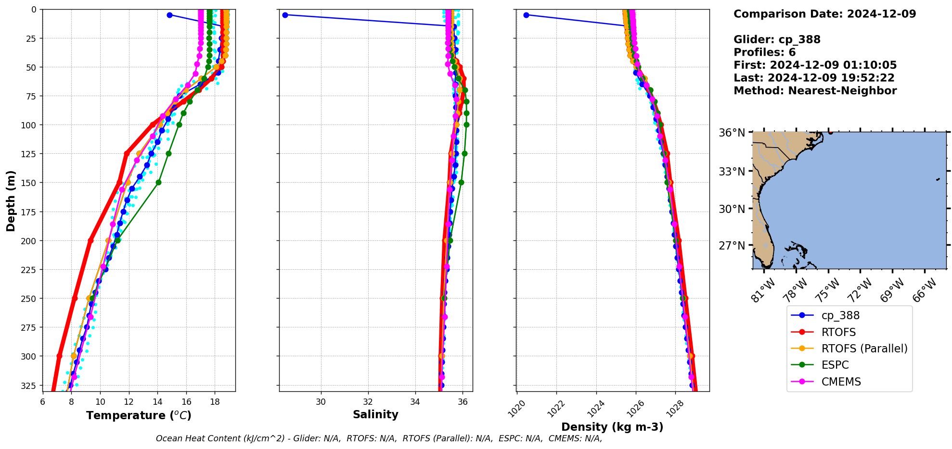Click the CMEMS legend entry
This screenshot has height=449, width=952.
841,382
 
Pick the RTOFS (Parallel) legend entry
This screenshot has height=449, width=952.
864,349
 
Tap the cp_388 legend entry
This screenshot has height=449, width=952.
840,315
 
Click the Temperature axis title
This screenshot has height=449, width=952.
139,415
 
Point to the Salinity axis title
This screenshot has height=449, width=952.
375,414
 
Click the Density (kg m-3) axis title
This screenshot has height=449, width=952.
612,427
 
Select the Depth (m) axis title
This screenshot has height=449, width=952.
11,200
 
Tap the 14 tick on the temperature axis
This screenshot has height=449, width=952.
158,402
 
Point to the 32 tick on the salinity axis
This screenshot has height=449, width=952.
368,402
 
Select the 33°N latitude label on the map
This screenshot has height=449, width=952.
732,172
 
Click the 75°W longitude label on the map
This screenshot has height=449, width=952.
827,290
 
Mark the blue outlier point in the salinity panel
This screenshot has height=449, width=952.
285,15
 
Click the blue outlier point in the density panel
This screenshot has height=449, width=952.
526,15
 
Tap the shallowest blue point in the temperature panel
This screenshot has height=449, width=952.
169,15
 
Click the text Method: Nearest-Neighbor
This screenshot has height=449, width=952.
815,91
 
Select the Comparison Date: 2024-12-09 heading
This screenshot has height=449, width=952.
824,14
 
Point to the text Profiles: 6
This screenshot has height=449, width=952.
764,52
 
